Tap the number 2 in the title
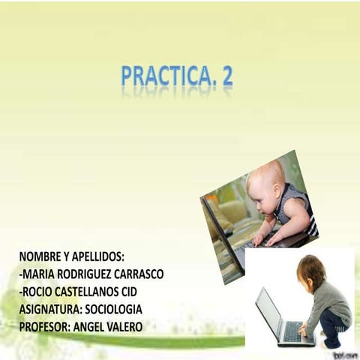pyautogui.click(x=225, y=77)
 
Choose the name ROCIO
pyautogui.click(x=39, y=291)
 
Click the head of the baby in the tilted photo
pyautogui.click(x=265, y=180)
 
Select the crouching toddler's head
pyautogui.click(x=310, y=270)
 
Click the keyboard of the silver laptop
pyautogui.click(x=294, y=332)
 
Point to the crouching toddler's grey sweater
pyautogui.click(x=330, y=300)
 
